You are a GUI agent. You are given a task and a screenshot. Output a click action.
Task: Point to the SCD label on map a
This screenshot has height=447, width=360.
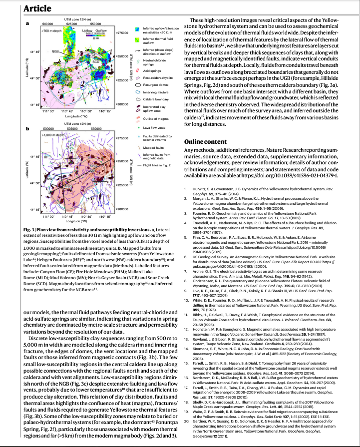pyautogui.click(x=95, y=61)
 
